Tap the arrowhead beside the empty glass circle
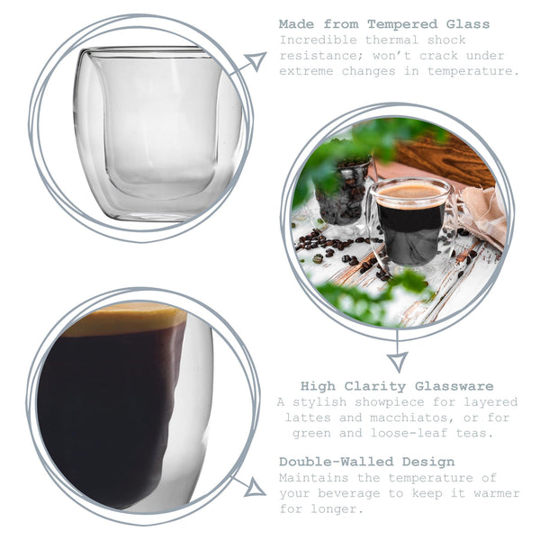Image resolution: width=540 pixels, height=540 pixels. tap(256, 61)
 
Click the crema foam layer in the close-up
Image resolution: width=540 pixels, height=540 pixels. tap(126, 319)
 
